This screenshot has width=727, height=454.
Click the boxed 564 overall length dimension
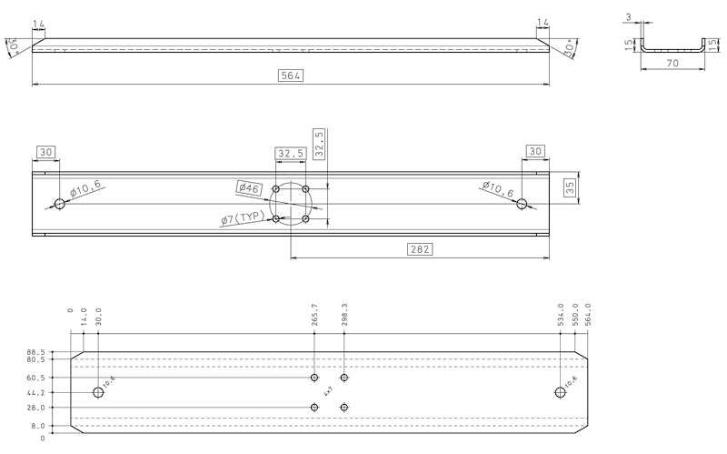coord(291,76)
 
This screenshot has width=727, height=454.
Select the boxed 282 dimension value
coord(419,248)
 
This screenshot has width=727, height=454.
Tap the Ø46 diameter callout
coord(249,188)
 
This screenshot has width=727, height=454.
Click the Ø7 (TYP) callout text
coord(241,218)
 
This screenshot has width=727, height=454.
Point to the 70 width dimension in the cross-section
coord(673,64)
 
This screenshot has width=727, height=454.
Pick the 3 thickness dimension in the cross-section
coord(629,16)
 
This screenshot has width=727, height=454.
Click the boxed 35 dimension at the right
coord(570,188)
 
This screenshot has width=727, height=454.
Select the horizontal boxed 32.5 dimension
coord(291,153)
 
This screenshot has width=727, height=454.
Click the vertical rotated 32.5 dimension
coord(319,145)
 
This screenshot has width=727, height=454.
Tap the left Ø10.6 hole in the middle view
coord(60,204)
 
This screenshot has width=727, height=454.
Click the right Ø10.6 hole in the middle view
coord(522,204)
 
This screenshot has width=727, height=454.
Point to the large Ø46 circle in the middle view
coord(291,204)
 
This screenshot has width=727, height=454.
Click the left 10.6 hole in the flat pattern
coord(98,392)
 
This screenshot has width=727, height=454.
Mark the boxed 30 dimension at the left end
coord(47,152)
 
